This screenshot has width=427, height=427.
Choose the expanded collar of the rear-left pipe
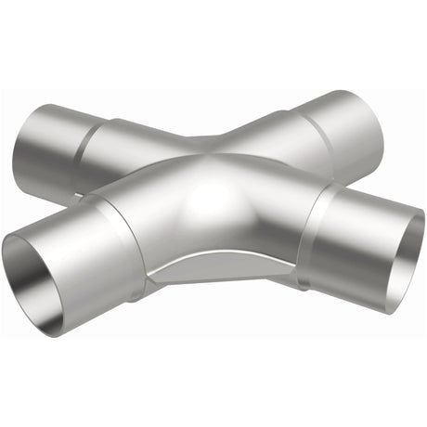point(65,149)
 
